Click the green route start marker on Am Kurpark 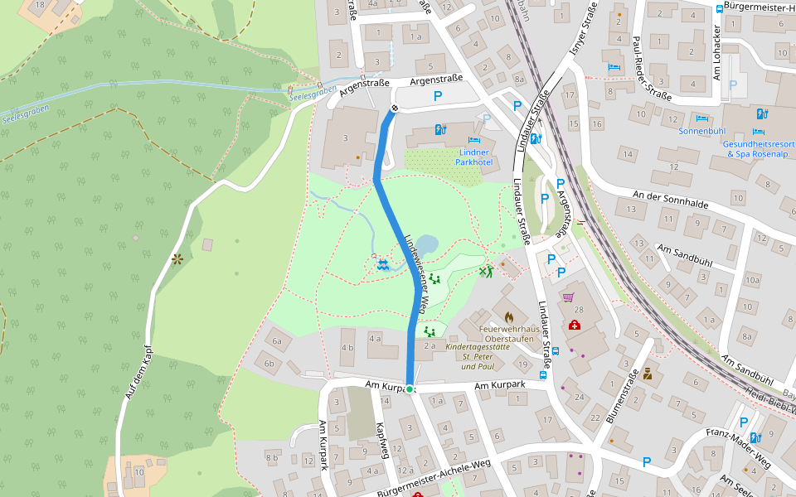[410, 388]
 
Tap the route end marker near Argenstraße [395, 107]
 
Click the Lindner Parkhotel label [473, 157]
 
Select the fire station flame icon [508, 316]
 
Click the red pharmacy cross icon [574, 325]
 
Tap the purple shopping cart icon [568, 297]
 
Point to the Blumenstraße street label [622, 397]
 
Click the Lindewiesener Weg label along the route [415, 273]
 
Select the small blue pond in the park [426, 246]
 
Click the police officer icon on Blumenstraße [648, 373]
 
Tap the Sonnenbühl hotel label [701, 131]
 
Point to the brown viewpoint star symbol [177, 259]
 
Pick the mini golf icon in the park [486, 270]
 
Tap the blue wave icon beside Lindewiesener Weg [382, 264]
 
